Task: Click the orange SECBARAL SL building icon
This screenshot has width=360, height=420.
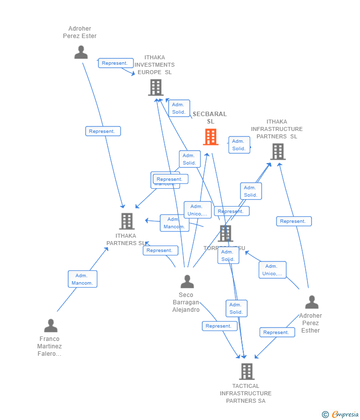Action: coord(211,137)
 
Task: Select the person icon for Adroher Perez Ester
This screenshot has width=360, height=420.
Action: coord(81,52)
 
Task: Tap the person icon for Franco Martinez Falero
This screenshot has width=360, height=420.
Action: coord(51,326)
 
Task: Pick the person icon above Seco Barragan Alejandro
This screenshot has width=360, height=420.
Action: coord(187,282)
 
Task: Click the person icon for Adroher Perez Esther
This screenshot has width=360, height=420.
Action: coord(312,302)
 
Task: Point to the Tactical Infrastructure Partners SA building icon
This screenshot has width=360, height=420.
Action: coord(246,371)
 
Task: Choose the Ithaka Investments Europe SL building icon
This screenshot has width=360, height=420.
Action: coord(156,87)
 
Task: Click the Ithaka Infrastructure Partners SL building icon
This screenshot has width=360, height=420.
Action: coord(278,152)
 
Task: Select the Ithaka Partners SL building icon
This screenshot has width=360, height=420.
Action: coord(127,221)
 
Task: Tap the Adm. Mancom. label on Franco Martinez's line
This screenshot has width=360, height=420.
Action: coord(83,279)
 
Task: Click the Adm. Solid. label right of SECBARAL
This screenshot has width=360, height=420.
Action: coord(239,145)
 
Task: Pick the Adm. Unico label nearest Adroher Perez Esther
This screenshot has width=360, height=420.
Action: coord(272,270)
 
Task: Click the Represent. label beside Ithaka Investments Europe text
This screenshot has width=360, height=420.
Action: coord(116,63)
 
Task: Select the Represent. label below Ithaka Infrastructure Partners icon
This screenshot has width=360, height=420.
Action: coord(294,221)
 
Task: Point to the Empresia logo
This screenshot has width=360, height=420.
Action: coord(345,415)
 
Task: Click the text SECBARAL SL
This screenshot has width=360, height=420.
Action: coord(210,118)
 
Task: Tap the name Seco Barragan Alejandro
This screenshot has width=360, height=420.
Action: coord(186,302)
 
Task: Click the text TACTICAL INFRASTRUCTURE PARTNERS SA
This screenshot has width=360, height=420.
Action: coord(246,393)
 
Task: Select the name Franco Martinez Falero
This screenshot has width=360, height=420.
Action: coord(49,346)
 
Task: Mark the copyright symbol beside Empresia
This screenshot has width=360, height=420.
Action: coord(325,415)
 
